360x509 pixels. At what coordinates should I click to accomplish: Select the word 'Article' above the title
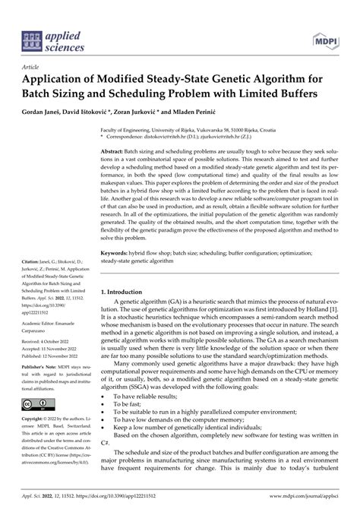tap(33, 66)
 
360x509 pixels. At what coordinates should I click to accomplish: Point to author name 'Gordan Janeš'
tap(44, 112)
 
